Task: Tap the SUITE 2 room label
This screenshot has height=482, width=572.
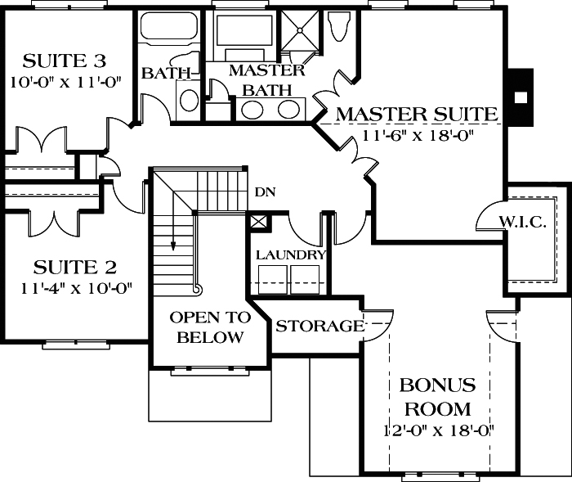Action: click(74, 267)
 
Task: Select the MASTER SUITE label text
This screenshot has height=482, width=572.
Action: click(417, 113)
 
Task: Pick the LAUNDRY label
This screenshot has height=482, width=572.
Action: click(291, 255)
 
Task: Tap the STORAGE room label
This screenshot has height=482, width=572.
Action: click(320, 327)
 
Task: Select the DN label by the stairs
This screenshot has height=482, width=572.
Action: click(265, 193)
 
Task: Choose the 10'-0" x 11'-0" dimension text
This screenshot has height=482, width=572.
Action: click(65, 83)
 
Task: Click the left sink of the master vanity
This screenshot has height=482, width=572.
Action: click(252, 110)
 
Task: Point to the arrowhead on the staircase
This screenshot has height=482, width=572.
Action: click(173, 243)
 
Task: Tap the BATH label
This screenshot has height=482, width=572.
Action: click(167, 73)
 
